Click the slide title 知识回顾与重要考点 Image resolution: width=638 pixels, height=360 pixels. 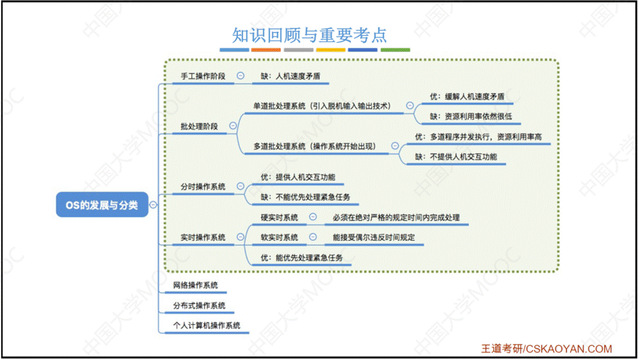click(310, 35)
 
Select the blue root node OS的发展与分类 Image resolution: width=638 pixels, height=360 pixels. click(102, 205)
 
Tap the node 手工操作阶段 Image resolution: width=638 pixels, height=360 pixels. click(203, 76)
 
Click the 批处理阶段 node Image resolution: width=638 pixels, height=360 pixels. click(199, 126)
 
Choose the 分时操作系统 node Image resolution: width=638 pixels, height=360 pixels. click(203, 187)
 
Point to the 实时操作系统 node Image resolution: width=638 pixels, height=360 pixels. click(203, 237)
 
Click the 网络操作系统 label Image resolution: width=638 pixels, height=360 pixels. click(195, 286)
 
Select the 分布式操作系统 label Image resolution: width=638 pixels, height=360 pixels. click(199, 306)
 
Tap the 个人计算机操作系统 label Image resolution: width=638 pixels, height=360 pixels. click(206, 325)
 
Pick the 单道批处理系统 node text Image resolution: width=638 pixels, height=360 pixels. click(322, 106)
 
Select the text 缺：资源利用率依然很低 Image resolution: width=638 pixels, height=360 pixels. click(470, 116)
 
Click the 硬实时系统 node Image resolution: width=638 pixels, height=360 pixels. click(279, 218)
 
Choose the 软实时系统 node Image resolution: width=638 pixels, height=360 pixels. click(279, 237)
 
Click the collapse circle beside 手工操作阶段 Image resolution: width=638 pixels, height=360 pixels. click(240, 76)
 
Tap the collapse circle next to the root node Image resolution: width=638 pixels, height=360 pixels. click(153, 205)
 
